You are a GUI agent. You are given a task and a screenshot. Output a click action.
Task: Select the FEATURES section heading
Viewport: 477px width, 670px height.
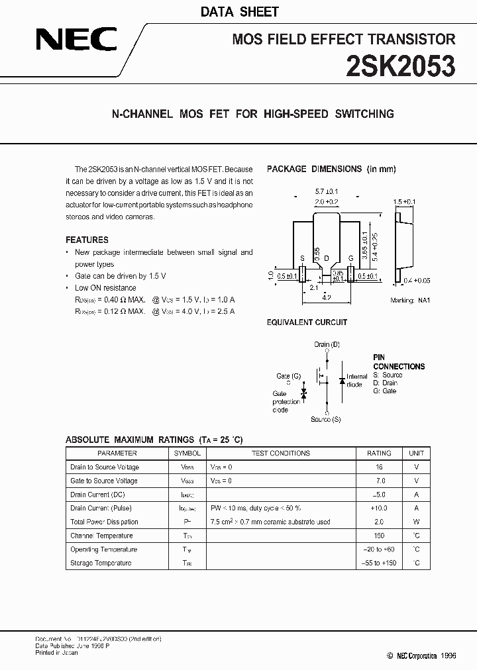87,240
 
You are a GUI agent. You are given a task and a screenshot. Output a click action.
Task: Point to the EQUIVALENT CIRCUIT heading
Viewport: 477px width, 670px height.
307,322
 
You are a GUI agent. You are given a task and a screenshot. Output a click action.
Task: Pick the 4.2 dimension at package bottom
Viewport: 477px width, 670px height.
327,299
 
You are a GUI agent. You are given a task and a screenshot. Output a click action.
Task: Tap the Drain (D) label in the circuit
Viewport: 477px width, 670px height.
327,345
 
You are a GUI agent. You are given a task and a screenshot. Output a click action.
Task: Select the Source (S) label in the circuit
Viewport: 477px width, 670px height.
326,419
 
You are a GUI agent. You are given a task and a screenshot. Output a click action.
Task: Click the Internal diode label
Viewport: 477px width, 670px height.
356,381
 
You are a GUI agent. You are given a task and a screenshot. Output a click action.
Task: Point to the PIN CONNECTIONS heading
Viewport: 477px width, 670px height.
399,361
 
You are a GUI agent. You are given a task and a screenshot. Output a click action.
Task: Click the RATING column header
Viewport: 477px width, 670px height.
379,454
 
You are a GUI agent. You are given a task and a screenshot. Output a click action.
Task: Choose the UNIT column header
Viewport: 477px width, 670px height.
416,454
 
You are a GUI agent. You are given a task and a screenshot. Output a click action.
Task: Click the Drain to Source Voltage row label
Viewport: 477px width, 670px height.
105,467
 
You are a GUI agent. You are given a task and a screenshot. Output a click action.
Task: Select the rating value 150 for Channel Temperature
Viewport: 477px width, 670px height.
379,536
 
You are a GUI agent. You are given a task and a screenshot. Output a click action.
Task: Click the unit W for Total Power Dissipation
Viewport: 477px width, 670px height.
416,522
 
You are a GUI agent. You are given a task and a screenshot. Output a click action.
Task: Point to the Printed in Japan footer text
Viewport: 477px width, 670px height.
56,653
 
